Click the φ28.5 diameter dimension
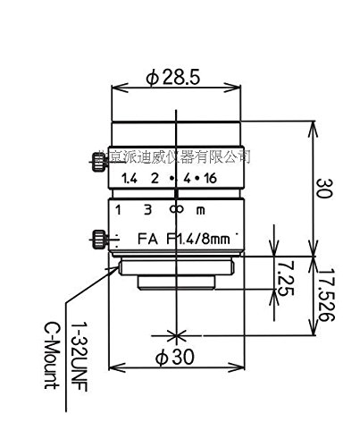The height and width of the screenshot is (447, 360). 175,79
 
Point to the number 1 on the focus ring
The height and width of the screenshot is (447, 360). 118,210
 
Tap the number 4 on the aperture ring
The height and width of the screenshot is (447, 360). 188,179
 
